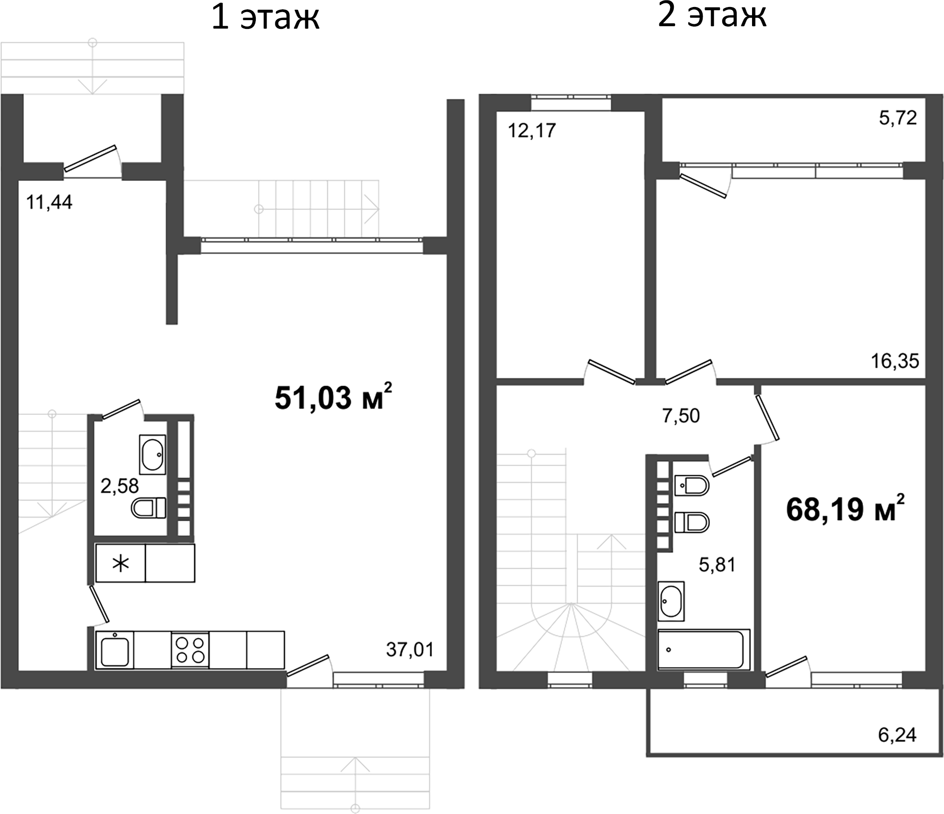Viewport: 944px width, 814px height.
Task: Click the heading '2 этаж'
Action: [711, 16]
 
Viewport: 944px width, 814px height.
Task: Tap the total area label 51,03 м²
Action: [333, 398]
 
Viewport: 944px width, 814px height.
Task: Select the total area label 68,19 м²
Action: [845, 510]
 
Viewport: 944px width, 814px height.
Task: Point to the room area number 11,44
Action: [49, 203]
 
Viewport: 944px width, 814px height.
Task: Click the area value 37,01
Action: [410, 649]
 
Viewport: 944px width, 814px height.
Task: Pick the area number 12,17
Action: [532, 131]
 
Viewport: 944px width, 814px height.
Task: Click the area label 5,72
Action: [898, 118]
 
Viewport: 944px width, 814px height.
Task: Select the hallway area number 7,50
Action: [681, 416]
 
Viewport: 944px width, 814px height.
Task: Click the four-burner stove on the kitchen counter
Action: [190, 650]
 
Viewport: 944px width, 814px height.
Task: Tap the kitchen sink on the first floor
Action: [115, 650]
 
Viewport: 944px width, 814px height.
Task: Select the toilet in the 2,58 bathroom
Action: [149, 508]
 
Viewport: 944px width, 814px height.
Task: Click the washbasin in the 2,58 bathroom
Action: [152, 455]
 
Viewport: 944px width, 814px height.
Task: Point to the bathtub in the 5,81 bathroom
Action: [704, 650]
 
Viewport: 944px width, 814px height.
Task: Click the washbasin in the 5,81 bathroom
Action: [671, 601]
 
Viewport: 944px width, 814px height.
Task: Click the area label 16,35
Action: [895, 361]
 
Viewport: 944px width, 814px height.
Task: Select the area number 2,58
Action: [120, 486]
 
